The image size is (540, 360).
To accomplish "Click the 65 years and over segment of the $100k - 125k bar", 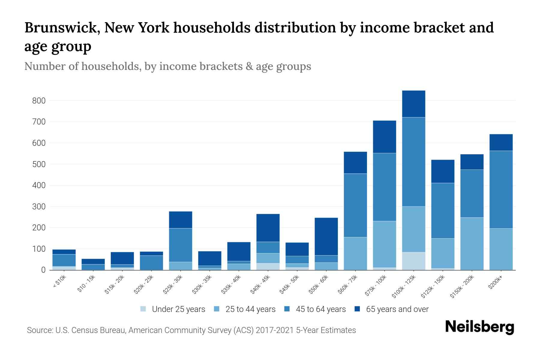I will [x=414, y=104].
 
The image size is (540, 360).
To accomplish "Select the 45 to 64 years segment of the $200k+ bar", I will [x=501, y=190].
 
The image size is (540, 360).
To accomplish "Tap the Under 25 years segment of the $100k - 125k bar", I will [x=414, y=261].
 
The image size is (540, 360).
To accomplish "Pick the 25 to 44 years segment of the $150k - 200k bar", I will [x=472, y=244].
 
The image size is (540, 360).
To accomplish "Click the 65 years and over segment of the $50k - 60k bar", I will [x=326, y=236].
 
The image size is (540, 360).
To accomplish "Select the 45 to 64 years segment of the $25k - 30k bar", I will [x=181, y=245].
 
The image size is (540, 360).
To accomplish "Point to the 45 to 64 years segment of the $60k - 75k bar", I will [x=355, y=205].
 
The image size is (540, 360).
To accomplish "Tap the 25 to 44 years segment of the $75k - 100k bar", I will [x=384, y=244].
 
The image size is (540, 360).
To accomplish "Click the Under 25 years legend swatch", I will [x=143, y=309].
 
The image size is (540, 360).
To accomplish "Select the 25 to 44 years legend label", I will [x=250, y=309].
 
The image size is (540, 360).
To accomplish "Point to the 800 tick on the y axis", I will [x=39, y=101].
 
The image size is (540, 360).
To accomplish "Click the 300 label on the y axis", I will [x=39, y=207].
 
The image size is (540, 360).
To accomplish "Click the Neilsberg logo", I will [x=479, y=327].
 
